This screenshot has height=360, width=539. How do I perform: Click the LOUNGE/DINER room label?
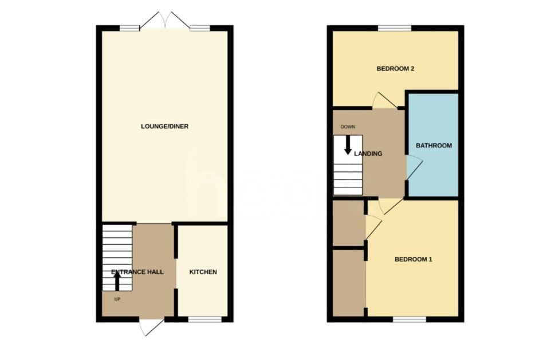(164, 126)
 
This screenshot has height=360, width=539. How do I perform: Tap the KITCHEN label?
(203, 272)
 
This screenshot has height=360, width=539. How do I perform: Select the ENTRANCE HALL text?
(137, 272)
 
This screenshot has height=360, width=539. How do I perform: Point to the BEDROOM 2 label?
(395, 69)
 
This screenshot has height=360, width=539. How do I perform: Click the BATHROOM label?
(434, 146)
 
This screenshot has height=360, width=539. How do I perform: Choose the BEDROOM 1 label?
(413, 259)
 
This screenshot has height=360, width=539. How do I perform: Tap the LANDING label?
(368, 154)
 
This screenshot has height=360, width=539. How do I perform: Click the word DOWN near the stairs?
(348, 127)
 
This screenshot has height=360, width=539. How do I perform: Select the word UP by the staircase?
(116, 299)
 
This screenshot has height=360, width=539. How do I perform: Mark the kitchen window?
(205, 319)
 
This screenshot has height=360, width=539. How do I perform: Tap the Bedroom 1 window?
(410, 319)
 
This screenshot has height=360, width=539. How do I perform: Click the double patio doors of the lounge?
(165, 20)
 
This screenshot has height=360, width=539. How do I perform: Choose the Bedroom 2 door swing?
(383, 101)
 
